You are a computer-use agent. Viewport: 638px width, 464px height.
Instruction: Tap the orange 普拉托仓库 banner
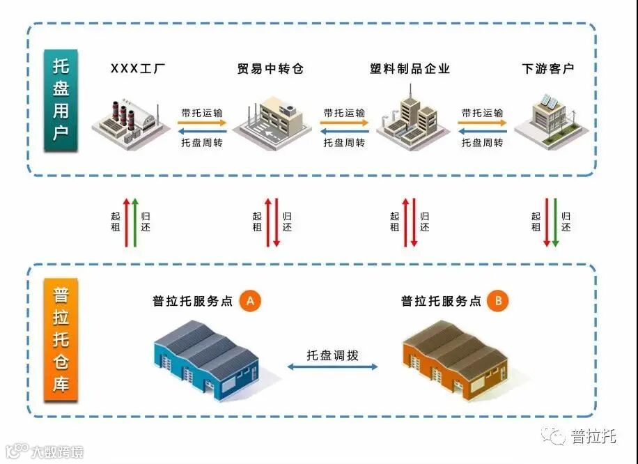[61, 341]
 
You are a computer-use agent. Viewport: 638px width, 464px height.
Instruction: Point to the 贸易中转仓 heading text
[270, 68]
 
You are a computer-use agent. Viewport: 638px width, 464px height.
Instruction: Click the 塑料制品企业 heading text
[410, 68]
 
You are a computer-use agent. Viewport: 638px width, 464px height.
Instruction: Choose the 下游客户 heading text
[548, 68]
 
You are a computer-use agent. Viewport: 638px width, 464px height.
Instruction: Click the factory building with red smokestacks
[126, 123]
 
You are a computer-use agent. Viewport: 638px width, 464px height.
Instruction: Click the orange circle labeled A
[250, 301]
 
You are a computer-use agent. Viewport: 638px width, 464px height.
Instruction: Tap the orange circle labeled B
[498, 301]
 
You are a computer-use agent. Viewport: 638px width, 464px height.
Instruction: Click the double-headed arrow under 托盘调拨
[333, 366]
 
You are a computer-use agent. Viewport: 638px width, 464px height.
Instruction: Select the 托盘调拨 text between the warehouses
[333, 355]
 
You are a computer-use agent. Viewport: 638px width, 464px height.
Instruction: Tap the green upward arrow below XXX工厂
[135, 222]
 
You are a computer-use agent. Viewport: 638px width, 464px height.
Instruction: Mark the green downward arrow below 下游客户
[555, 222]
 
